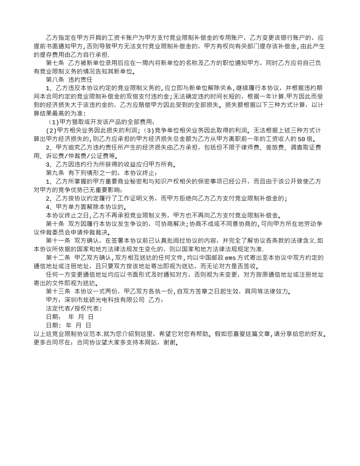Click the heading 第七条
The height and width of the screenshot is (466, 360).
[x=55, y=63]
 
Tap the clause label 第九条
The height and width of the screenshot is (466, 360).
[x=55, y=172]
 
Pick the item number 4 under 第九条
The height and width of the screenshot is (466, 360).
[x=48, y=207]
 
